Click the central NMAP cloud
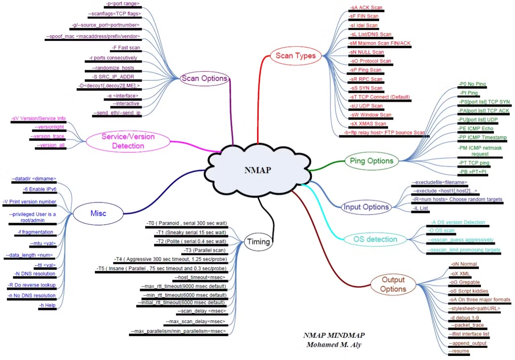click(257, 170)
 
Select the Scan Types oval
click(295, 56)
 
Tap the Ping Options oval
click(371, 161)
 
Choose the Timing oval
click(258, 242)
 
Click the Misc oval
click(98, 213)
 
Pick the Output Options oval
click(393, 284)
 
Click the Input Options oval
click(366, 207)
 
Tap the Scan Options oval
click(204, 78)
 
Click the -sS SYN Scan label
click(366, 88)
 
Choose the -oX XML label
click(459, 273)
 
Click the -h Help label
click(47, 305)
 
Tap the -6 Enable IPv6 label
click(39, 189)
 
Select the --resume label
click(458, 351)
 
